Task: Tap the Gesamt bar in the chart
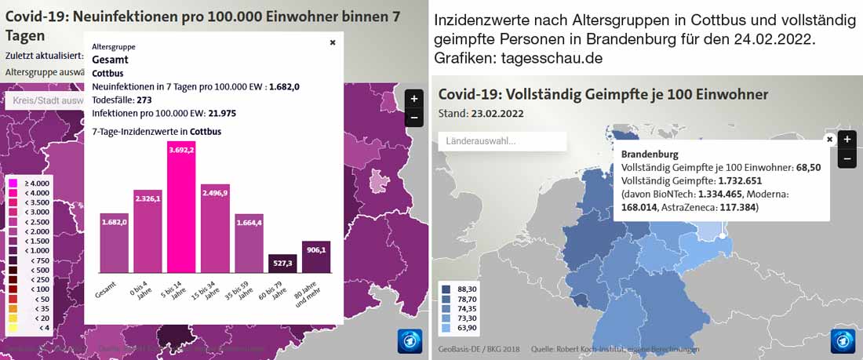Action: (114, 243)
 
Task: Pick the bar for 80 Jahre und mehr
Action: (316, 257)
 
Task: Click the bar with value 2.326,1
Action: (147, 231)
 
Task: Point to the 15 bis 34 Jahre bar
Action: (215, 228)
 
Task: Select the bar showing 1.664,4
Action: (249, 243)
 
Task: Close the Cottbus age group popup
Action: (333, 43)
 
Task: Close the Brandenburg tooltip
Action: (829, 139)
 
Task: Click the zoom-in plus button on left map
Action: (413, 99)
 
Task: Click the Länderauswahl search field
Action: (502, 141)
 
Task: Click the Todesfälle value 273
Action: (144, 100)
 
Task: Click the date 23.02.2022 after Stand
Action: (497, 113)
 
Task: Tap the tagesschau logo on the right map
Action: (843, 341)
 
